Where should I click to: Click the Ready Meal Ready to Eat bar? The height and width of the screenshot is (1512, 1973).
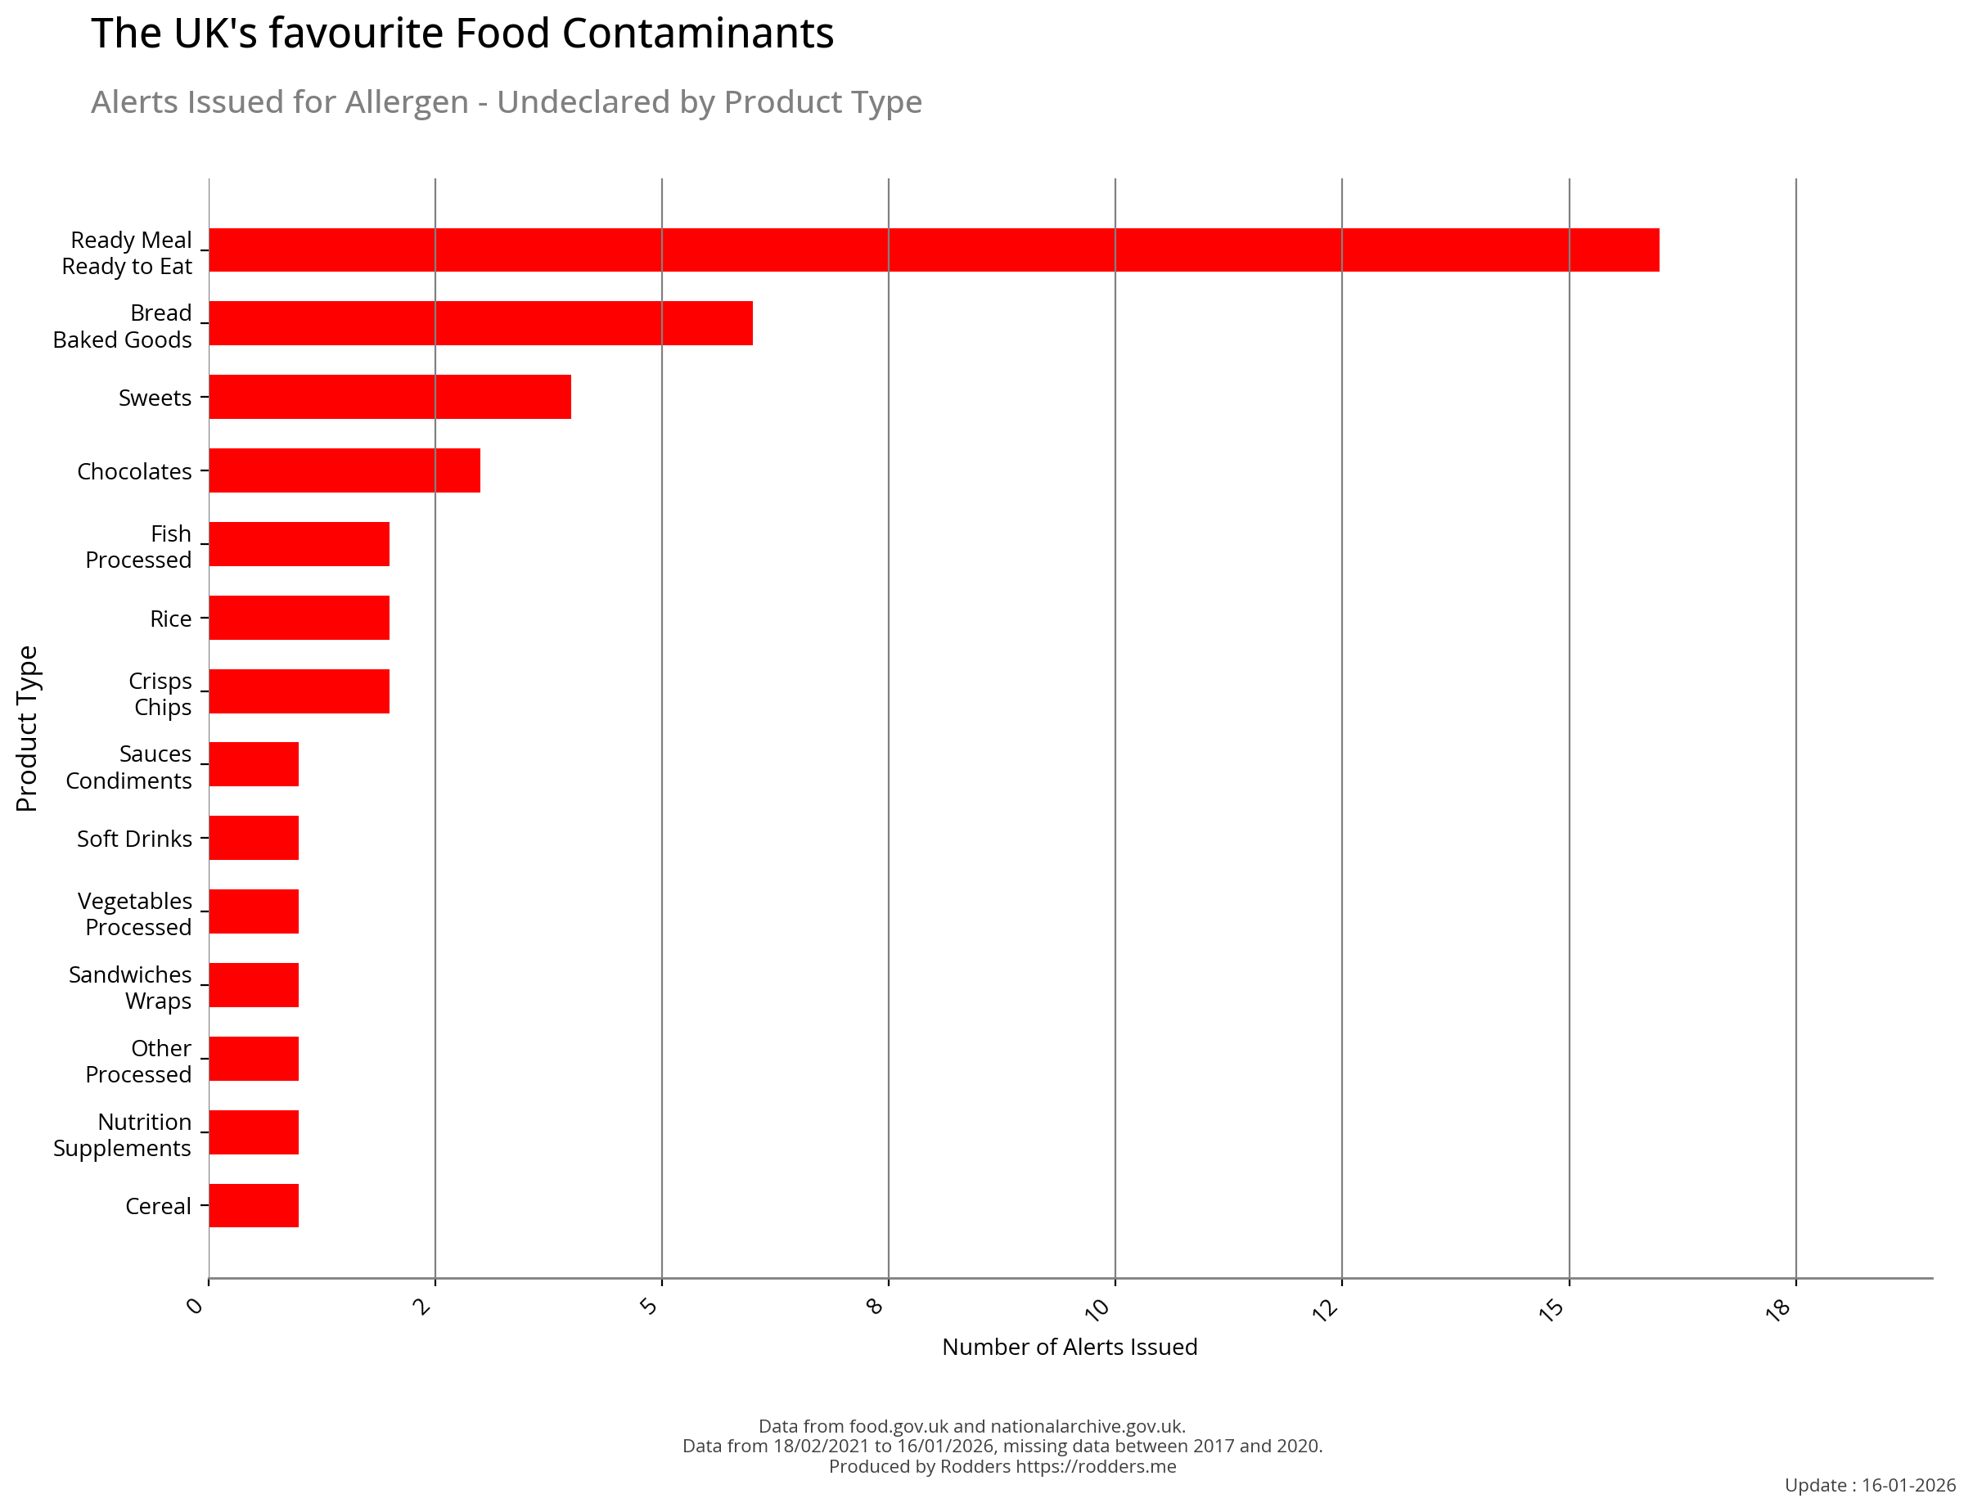coord(933,250)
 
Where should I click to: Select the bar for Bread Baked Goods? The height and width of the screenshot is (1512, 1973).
coord(480,323)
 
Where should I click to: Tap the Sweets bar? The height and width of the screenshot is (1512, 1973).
coord(390,397)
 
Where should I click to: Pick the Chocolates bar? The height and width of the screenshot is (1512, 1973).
coord(344,470)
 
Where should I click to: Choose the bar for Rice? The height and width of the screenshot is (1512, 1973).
coord(299,618)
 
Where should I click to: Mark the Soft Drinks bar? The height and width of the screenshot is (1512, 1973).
coord(254,838)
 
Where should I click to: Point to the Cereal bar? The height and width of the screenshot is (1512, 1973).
coord(254,1205)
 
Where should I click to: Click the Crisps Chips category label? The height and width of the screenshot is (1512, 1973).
coord(160,694)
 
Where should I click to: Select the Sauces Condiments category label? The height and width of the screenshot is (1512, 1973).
coord(128,767)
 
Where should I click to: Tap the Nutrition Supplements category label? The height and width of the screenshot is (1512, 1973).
coord(123,1135)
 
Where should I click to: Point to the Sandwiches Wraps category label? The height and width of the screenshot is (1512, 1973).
coord(130,988)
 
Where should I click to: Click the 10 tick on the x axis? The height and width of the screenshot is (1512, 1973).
coord(1098,1309)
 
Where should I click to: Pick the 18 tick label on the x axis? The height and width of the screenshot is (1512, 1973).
coord(1778,1309)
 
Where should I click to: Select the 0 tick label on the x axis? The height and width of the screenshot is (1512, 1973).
coord(196,1305)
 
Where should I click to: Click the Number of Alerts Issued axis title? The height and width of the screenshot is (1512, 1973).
coord(1070,1348)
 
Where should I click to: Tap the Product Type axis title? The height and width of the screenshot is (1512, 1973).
coord(27,728)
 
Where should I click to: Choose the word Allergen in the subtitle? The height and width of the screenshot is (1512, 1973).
coord(407,102)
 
